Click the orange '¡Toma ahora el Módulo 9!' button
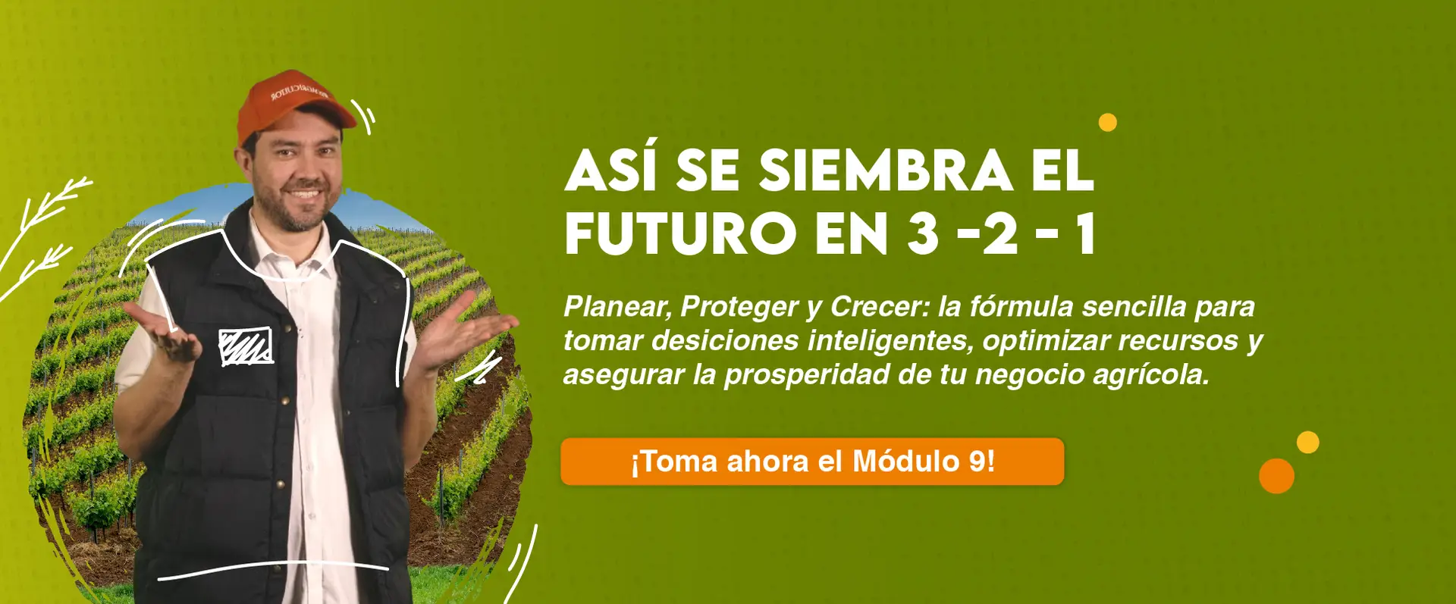click(812, 462)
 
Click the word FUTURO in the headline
click(680, 234)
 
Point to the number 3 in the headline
click(923, 234)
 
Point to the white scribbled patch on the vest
click(246, 346)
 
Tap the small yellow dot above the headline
click(1108, 122)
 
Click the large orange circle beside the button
click(1276, 476)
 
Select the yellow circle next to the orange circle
click(1307, 442)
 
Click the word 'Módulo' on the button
click(906, 462)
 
